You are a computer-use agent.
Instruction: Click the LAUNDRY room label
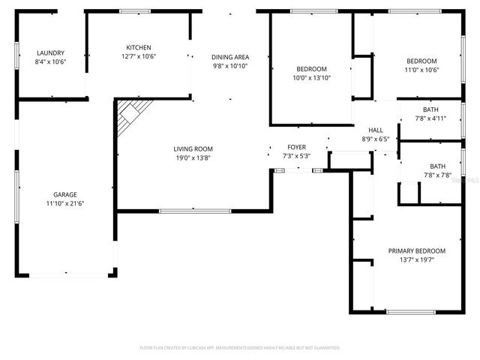pos(51,52)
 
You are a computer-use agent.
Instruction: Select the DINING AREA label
pos(229,57)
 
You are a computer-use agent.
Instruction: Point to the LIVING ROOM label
pos(193,148)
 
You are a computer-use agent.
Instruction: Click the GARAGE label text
pos(65,194)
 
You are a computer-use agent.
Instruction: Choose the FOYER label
pos(296,147)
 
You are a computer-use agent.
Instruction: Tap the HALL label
pos(375,130)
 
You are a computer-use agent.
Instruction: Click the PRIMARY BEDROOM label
pos(416,250)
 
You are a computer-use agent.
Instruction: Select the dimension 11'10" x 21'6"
pos(65,203)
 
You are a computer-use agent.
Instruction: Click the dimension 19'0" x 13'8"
pos(193,157)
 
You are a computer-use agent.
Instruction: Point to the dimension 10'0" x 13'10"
pos(311,77)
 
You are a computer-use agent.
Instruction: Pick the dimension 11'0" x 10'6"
pos(421,70)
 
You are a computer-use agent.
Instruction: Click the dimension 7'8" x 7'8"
pos(436,175)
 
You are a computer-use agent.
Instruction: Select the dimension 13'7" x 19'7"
pos(416,260)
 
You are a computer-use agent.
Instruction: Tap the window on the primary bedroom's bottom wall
pos(410,312)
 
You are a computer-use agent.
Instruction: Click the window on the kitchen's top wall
pos(136,11)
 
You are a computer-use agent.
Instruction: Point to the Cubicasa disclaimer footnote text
pos(240,348)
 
